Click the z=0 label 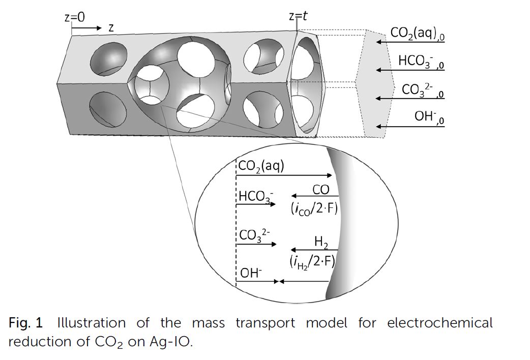pyautogui.click(x=75, y=17)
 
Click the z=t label pyautogui.click(x=298, y=16)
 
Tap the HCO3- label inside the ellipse pyautogui.click(x=255, y=197)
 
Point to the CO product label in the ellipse pyautogui.click(x=320, y=190)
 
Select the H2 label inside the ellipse pyautogui.click(x=321, y=241)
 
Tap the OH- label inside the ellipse pyautogui.click(x=251, y=273)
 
